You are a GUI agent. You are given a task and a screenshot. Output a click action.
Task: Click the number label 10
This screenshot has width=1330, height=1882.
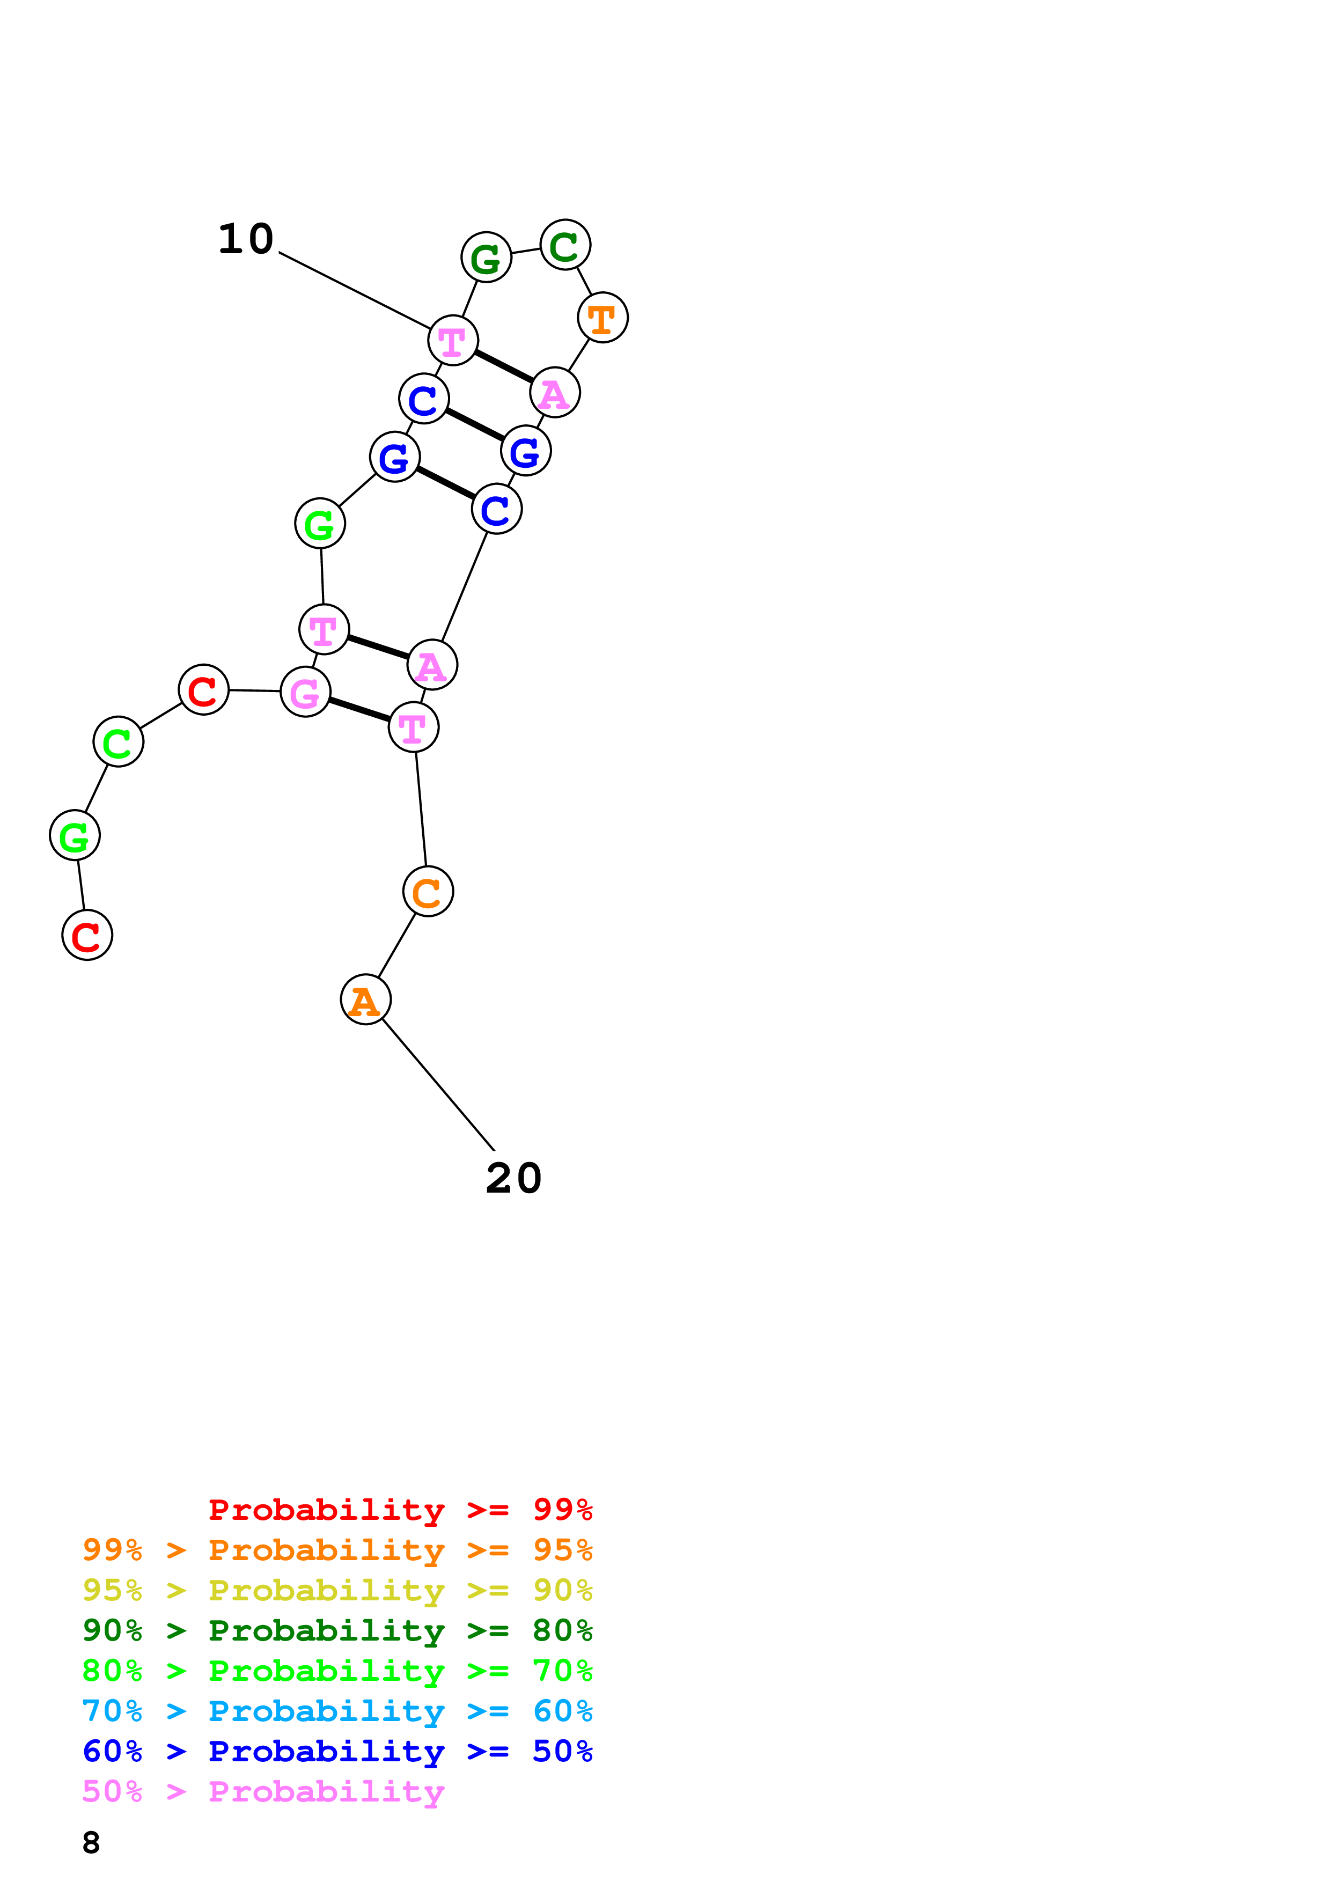pos(245,239)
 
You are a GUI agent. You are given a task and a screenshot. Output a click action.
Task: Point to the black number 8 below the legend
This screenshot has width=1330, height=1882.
pos(91,1843)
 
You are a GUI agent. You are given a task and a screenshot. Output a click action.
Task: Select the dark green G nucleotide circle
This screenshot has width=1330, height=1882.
pos(486,258)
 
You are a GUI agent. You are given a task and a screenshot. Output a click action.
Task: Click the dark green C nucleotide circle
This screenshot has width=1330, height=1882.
pos(564,245)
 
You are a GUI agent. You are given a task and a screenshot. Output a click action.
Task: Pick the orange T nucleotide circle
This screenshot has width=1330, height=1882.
pos(602,318)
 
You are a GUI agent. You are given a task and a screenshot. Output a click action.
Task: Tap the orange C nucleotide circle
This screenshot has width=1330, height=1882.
pos(428,891)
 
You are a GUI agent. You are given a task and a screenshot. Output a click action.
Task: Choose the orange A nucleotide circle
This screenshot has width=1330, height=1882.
pos(365,1000)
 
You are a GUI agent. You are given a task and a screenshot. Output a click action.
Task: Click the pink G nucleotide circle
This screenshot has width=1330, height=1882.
pos(305,693)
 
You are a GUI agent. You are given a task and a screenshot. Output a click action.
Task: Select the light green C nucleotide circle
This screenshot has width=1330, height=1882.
pos(118,742)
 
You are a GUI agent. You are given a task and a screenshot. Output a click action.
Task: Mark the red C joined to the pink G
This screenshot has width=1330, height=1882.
pos(203,689)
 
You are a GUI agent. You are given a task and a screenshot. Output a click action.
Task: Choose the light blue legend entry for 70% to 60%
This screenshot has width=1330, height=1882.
pos(337,1711)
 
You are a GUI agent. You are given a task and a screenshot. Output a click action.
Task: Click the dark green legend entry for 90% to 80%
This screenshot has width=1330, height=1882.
pos(337,1630)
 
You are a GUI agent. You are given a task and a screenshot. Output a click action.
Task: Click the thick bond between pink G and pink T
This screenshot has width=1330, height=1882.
pos(359,710)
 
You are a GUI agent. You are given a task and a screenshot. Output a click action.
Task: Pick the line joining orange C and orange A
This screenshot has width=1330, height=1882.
pos(396,945)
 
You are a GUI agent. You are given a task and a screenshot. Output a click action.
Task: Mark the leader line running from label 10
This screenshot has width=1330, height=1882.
pos(354,290)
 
